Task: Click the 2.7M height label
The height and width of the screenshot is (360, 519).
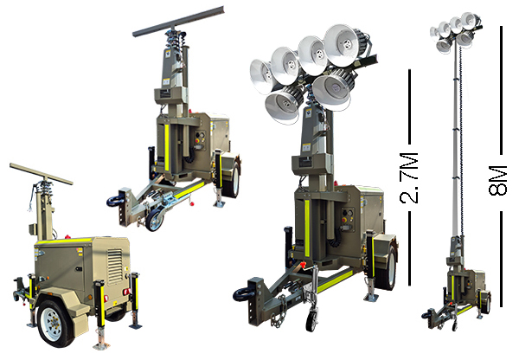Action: [x=409, y=178]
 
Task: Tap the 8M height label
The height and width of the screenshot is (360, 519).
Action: [x=497, y=181]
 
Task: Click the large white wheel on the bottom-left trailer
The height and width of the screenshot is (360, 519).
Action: [x=53, y=325]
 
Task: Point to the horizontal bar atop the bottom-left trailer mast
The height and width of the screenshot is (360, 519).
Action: [x=41, y=174]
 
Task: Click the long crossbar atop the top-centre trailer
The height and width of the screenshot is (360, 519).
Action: [x=179, y=21]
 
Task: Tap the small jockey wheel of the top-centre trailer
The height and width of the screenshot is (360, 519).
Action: [x=154, y=219]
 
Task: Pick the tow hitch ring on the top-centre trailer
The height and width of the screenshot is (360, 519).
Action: [x=115, y=201]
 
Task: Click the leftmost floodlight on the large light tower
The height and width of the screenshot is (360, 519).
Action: [x=261, y=76]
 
